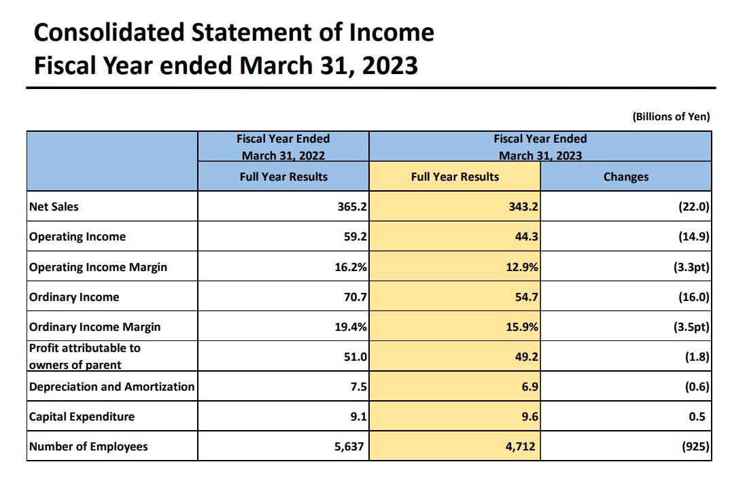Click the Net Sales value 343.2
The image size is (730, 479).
point(523,207)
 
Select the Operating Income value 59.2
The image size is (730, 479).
point(352,236)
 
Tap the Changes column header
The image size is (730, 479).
point(625,177)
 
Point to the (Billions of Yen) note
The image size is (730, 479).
point(671,116)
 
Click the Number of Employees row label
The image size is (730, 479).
point(88,446)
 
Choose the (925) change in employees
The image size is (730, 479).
point(695,446)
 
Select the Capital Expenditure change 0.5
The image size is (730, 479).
point(697,416)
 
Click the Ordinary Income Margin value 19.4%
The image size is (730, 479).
point(352,327)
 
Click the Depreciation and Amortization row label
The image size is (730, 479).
point(111,387)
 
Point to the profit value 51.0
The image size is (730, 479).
point(353,357)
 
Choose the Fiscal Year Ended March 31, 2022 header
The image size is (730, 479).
point(283,147)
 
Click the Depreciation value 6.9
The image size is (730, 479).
point(529,387)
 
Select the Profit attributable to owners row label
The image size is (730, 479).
point(84,356)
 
